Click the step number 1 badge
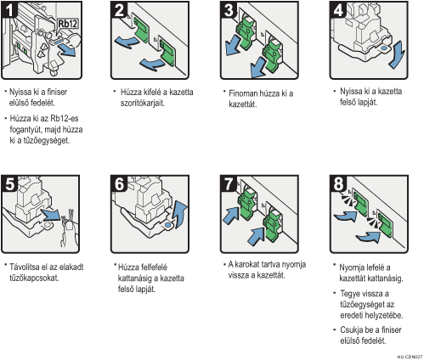click(x=9, y=9)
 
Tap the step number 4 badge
click(x=338, y=9)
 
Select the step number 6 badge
click(x=119, y=184)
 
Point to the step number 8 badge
click(x=338, y=184)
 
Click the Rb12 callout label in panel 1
click(x=68, y=24)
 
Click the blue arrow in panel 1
click(x=67, y=50)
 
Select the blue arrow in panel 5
click(x=51, y=215)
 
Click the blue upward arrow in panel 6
click(x=180, y=214)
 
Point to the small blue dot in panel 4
click(x=384, y=48)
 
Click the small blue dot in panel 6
click(x=167, y=225)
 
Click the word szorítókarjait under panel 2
click(x=143, y=103)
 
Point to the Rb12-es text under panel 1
click(x=65, y=118)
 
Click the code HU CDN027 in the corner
click(x=410, y=357)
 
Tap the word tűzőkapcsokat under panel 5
click(x=34, y=278)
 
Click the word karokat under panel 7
click(x=247, y=264)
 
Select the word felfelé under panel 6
click(x=154, y=267)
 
